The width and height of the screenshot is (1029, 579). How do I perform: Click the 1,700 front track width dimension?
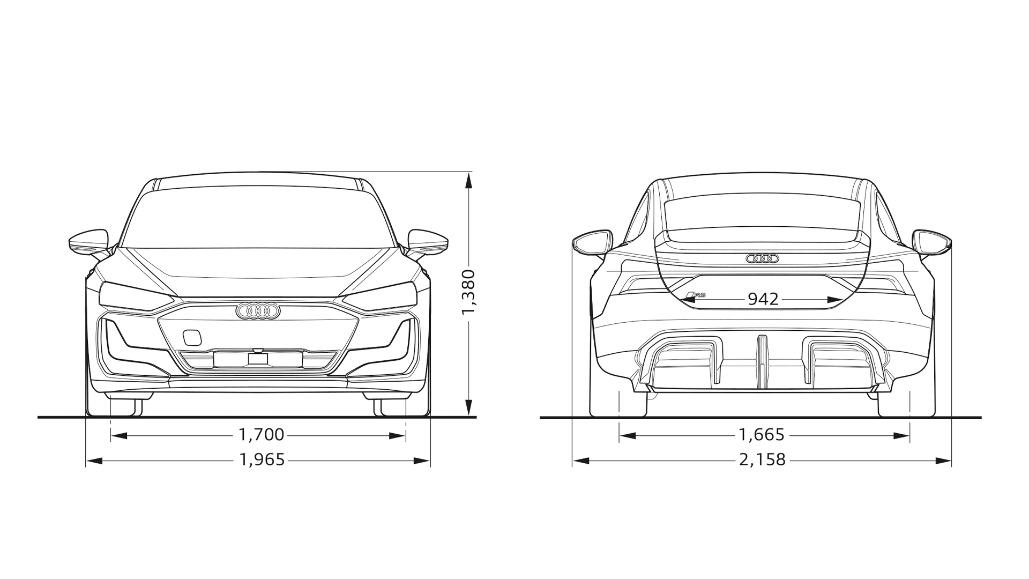tap(261, 435)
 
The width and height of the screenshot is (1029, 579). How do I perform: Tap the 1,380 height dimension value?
tap(468, 292)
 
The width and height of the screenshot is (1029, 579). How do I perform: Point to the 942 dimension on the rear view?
tap(763, 299)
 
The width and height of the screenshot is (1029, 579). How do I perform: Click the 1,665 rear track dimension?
tap(762, 435)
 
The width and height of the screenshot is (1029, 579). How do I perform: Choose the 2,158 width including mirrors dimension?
tap(762, 460)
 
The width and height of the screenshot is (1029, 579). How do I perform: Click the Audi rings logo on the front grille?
tap(258, 311)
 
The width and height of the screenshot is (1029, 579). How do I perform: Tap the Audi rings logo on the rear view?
tap(762, 259)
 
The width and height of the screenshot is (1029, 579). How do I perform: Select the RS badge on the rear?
tap(696, 295)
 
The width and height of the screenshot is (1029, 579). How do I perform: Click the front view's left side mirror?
tap(89, 242)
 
